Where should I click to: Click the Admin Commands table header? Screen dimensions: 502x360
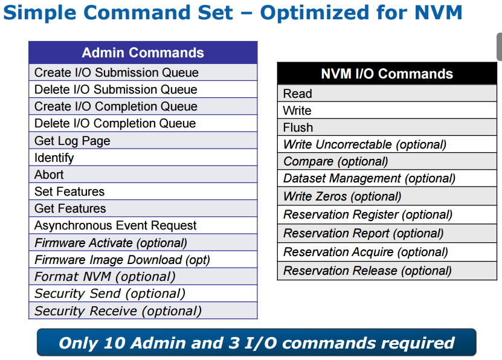click(x=143, y=53)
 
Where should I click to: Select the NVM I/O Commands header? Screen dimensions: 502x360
click(x=387, y=74)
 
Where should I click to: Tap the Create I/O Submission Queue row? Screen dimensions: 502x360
click(x=143, y=72)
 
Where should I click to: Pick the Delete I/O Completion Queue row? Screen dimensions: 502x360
click(x=143, y=123)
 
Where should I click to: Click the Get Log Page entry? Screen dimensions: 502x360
click(x=143, y=141)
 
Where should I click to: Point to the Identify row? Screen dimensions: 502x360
click(x=143, y=158)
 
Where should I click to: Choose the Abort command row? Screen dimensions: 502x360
click(x=143, y=175)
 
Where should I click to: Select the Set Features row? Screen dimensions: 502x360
click(x=143, y=191)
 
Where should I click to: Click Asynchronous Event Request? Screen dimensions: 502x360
click(x=143, y=225)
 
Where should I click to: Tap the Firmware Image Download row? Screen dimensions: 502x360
click(x=143, y=260)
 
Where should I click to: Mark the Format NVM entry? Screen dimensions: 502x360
click(x=143, y=277)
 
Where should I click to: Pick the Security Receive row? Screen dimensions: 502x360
click(x=143, y=310)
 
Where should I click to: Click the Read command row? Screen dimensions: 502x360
click(x=387, y=94)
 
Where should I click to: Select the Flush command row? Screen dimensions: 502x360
click(x=387, y=127)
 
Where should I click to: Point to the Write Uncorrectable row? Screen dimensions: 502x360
click(x=387, y=144)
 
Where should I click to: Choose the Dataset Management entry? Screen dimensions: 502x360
click(x=387, y=178)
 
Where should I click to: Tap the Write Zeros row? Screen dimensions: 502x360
click(x=387, y=196)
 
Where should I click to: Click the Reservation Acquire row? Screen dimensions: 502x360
click(x=387, y=252)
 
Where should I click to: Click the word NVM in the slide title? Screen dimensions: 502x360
click(x=439, y=13)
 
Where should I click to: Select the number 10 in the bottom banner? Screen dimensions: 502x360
click(x=115, y=342)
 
